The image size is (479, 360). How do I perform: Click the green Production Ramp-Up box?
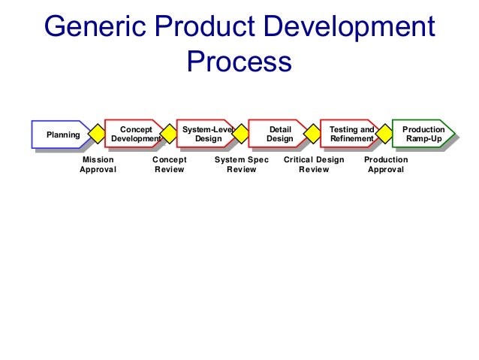(x=423, y=135)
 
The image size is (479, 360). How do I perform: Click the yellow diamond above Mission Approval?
(x=97, y=135)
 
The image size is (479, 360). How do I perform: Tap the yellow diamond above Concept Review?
(x=169, y=135)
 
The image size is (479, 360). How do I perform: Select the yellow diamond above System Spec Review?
(x=241, y=135)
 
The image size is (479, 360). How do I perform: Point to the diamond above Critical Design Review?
(x=313, y=135)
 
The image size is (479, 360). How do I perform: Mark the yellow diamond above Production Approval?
(x=385, y=135)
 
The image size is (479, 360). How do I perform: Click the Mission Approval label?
(x=98, y=165)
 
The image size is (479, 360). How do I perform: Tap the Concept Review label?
(x=169, y=165)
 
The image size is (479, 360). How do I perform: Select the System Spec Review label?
(x=241, y=165)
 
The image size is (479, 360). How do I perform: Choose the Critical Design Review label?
(x=314, y=165)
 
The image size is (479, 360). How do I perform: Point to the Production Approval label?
(x=386, y=165)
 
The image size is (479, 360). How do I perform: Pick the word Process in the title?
(x=239, y=62)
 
